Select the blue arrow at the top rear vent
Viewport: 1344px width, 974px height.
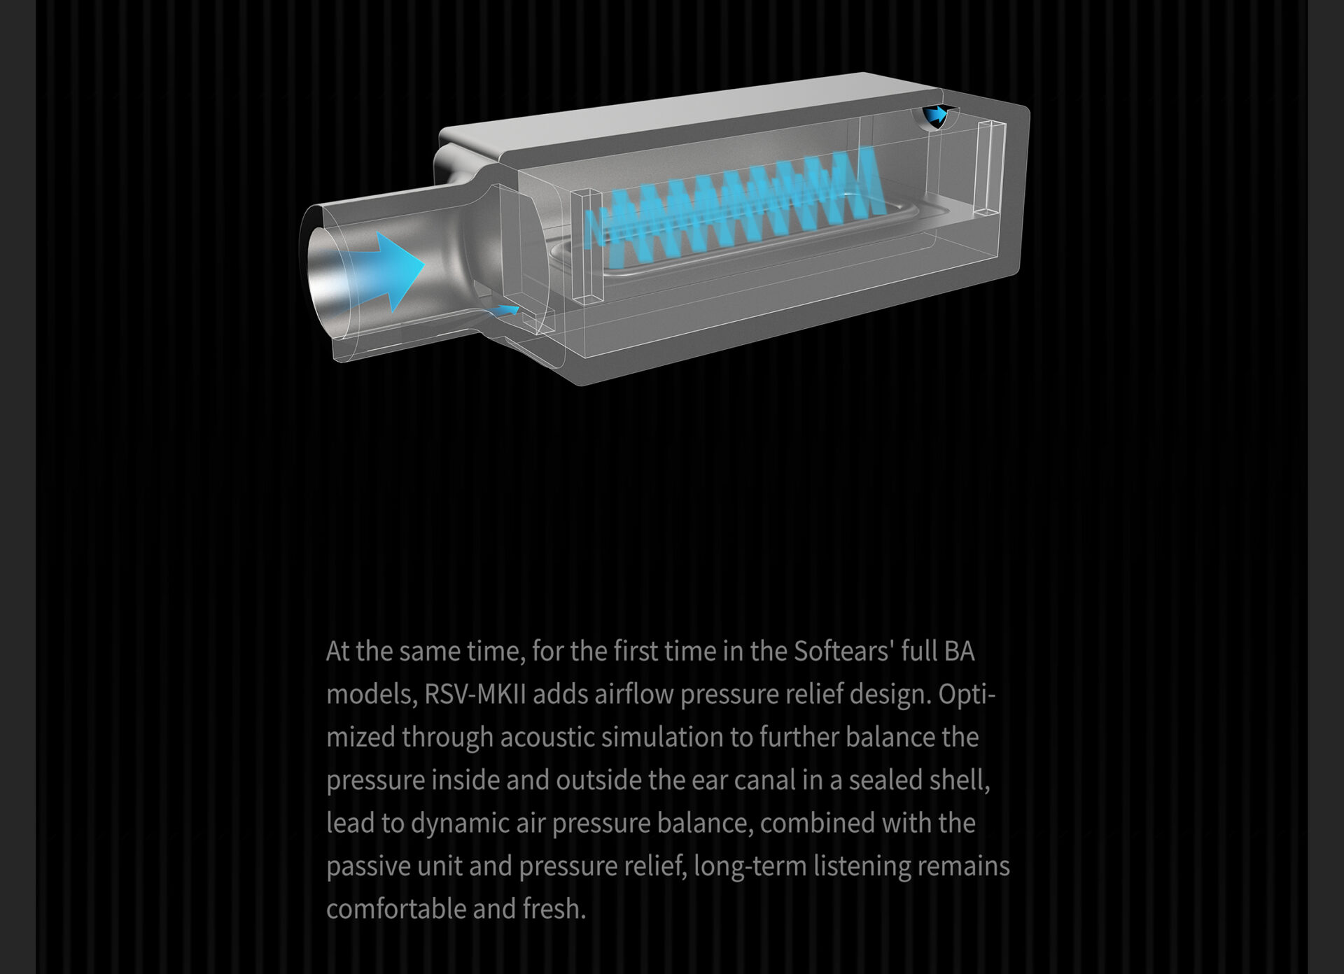[x=936, y=114]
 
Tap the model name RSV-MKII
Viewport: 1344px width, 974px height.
[x=475, y=695]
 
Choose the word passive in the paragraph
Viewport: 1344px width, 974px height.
[x=368, y=867]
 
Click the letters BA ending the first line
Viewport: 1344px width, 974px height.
[x=959, y=651]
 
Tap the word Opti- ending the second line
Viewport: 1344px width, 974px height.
[x=967, y=695]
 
